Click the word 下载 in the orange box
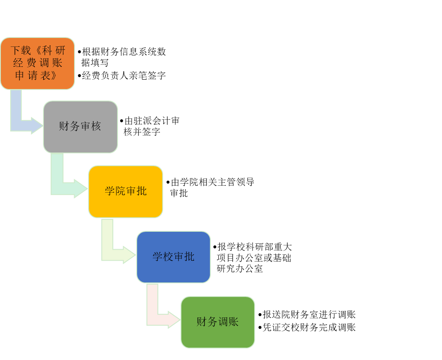pyautogui.click(x=21, y=51)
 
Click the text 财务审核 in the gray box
pyautogui.click(x=80, y=127)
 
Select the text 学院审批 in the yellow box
pyautogui.click(x=126, y=191)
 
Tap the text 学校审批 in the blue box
pyautogui.click(x=173, y=256)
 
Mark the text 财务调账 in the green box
pyautogui.click(x=218, y=322)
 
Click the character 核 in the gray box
pyautogui.click(x=96, y=127)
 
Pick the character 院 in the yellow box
pyautogui.click(x=121, y=191)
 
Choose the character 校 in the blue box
pyautogui.click(x=168, y=256)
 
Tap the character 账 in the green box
pyautogui.click(x=233, y=322)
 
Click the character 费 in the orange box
pyautogui.click(x=32, y=63)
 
